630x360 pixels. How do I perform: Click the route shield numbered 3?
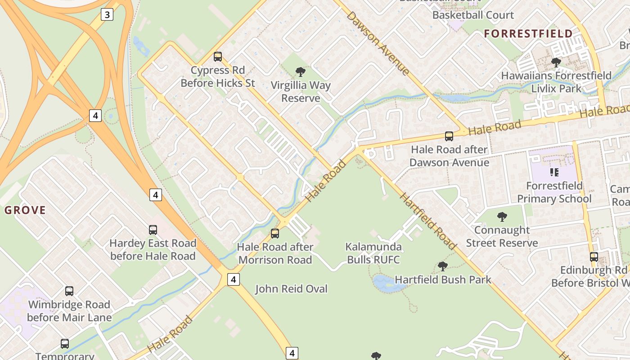(106, 15)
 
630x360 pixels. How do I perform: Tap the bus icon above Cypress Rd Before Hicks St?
(218, 57)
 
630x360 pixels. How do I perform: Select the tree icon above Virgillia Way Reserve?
(300, 72)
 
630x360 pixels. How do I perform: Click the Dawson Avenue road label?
(378, 43)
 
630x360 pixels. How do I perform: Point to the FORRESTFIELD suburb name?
(528, 34)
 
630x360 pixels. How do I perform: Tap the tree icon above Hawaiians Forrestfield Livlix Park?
(556, 62)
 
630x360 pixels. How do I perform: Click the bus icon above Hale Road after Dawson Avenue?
(449, 136)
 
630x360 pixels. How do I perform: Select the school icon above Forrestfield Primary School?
(554, 172)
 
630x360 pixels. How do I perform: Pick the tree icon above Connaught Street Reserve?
(502, 217)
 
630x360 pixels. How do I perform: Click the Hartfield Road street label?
(428, 221)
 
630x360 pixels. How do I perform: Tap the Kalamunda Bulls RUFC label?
(373, 253)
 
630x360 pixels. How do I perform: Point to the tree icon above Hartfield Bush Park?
(443, 266)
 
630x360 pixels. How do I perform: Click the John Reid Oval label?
(292, 289)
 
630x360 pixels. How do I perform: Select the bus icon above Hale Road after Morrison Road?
(274, 234)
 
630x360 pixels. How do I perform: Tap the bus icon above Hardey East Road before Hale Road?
(153, 230)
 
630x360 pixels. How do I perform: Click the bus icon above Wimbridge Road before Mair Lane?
(69, 291)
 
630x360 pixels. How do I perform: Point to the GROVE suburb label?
(25, 210)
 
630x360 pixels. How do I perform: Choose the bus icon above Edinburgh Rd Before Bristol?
(594, 257)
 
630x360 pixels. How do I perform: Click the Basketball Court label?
(473, 15)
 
